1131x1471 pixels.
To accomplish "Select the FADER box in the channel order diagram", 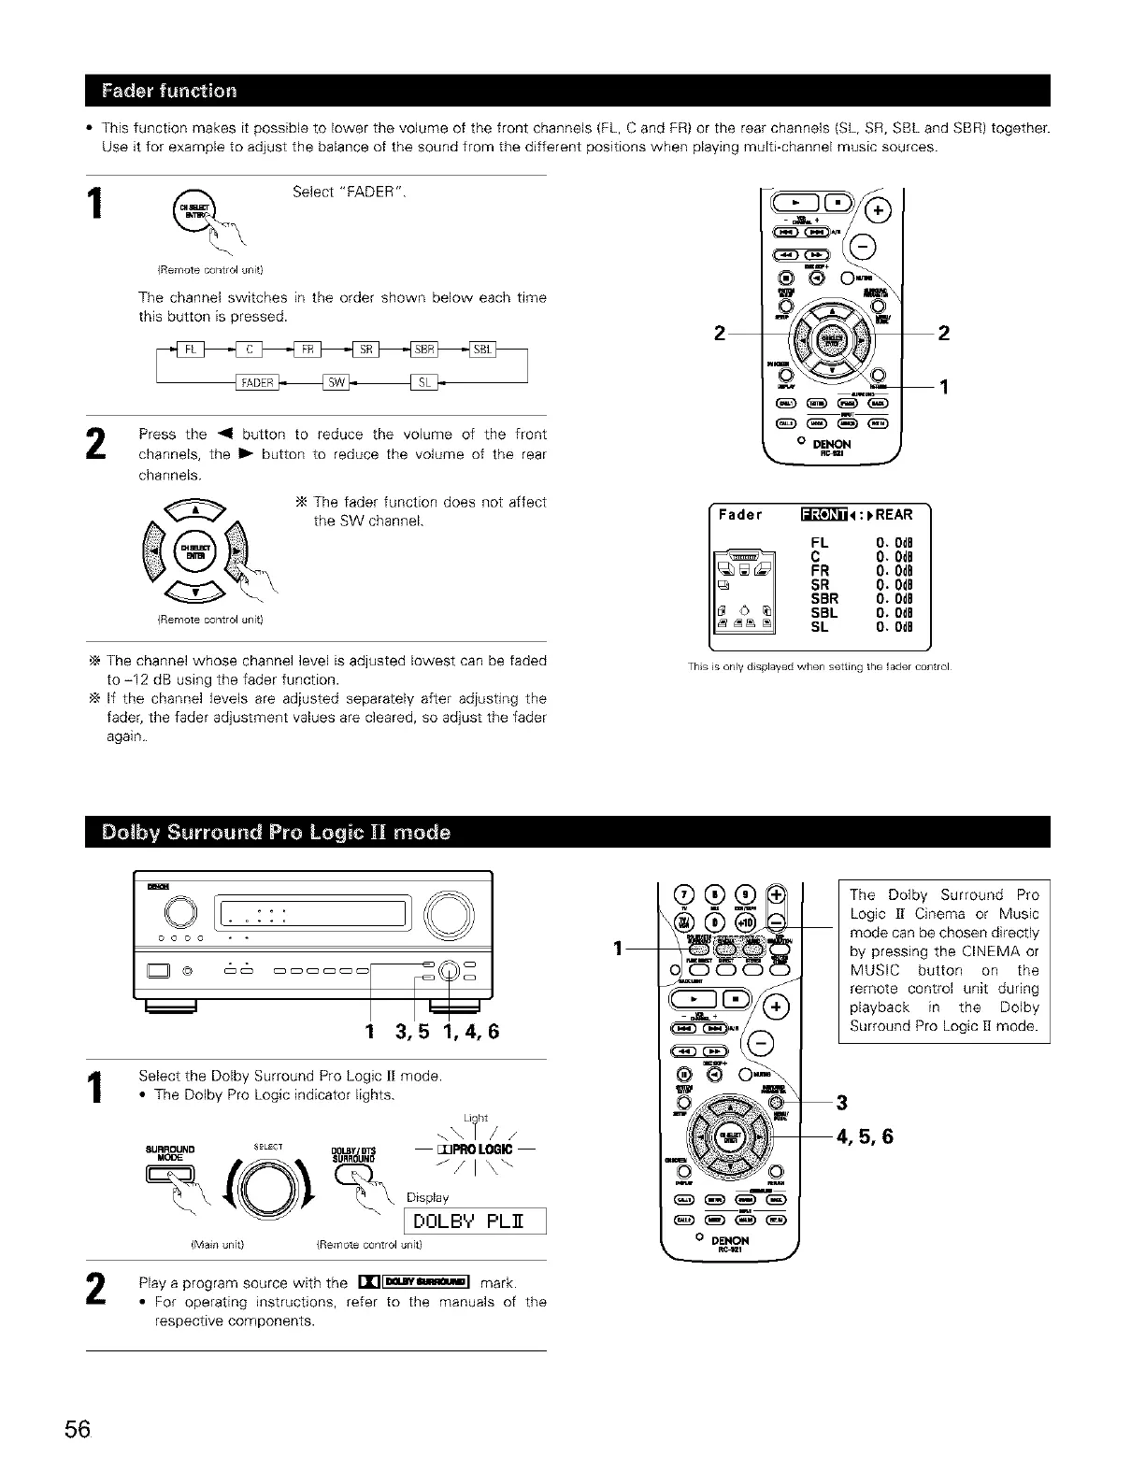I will click(x=255, y=382).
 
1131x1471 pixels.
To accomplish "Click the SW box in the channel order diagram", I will click(x=335, y=382).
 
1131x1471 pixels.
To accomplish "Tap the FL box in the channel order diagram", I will click(x=191, y=350).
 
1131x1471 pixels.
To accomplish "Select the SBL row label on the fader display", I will click(x=824, y=613).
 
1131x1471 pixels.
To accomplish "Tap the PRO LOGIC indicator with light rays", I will click(x=479, y=1149).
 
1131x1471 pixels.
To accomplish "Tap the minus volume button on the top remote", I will click(x=865, y=246).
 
